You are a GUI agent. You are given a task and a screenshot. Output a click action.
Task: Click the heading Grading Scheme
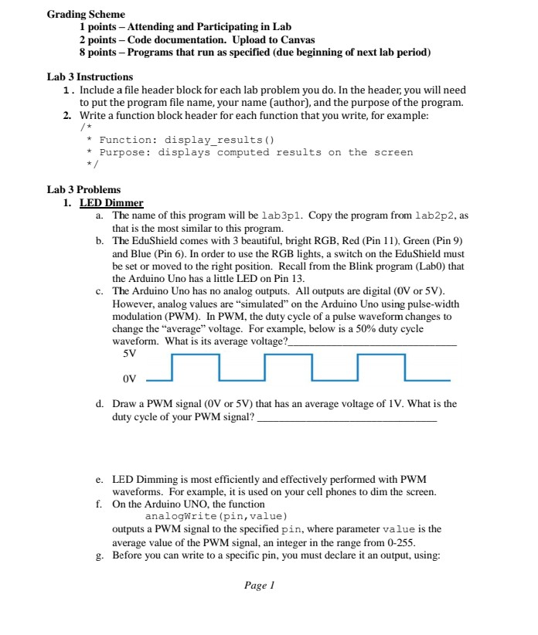click(x=86, y=15)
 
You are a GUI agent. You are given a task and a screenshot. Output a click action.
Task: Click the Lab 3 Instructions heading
click(x=90, y=77)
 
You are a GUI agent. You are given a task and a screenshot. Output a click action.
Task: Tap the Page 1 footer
click(x=260, y=586)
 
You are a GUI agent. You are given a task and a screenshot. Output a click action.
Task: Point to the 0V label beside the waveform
click(x=130, y=379)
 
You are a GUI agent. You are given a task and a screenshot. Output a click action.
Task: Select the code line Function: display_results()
click(x=186, y=140)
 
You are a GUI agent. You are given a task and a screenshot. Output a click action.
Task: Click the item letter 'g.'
click(x=100, y=555)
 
